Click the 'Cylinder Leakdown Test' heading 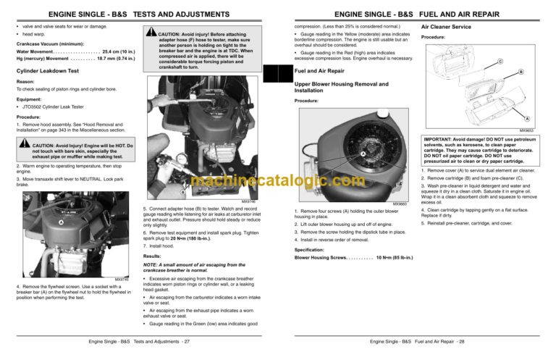(48, 70)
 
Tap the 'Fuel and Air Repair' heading (319, 71)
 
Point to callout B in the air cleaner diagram (543, 72)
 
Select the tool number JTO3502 (34, 107)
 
